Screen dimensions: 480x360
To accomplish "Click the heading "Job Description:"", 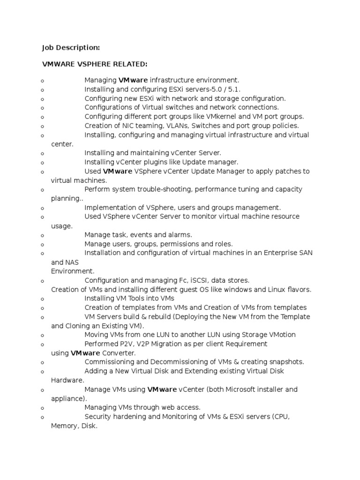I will tap(71, 47).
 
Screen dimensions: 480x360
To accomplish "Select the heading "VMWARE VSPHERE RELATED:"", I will tap(95, 64).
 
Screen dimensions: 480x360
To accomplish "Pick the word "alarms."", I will tap(179, 235).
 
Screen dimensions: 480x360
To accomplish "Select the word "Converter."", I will tap(119, 353).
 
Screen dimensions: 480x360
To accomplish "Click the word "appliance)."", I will tap(69, 398).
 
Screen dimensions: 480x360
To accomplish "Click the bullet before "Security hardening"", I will tap(43, 417).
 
